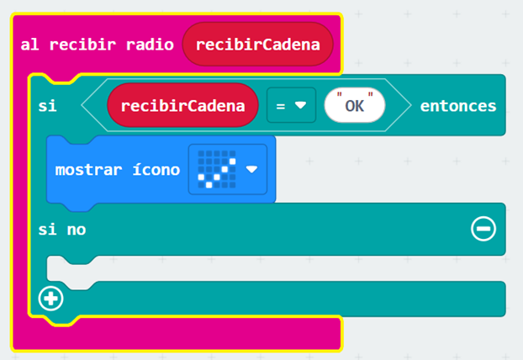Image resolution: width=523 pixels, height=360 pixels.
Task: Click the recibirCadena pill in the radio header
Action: tap(257, 45)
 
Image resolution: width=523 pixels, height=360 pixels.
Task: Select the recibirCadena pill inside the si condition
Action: tap(182, 105)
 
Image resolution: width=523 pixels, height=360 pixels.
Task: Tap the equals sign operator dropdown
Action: tap(291, 105)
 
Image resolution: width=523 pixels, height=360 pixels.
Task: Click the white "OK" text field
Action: tap(355, 105)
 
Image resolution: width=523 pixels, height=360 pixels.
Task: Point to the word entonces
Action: tap(458, 106)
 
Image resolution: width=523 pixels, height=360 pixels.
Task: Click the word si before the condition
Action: tap(47, 106)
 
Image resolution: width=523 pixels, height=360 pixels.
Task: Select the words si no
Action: tap(62, 230)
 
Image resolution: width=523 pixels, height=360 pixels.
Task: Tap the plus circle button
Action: tap(50, 299)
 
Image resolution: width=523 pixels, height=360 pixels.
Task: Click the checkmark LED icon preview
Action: tap(217, 169)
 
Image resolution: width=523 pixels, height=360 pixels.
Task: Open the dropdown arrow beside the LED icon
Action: tap(251, 170)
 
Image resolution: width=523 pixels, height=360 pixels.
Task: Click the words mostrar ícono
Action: tap(118, 170)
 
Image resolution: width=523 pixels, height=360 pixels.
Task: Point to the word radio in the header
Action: tap(150, 45)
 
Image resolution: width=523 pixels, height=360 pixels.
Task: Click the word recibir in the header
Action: tap(82, 45)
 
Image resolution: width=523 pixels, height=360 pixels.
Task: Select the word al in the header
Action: tap(29, 45)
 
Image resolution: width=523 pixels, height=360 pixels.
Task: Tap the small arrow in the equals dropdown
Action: tap(300, 105)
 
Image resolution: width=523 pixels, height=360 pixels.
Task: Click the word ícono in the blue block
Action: tap(156, 170)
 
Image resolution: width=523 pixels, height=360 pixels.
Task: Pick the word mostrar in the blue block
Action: tap(88, 171)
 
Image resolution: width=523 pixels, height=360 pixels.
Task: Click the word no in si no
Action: tap(77, 230)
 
